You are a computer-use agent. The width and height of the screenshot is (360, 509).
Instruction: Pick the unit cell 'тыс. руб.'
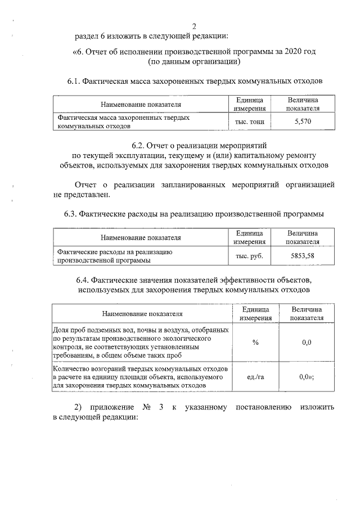pyautogui.click(x=249, y=255)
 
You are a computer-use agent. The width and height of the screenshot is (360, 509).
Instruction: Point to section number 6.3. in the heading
pyautogui.click(x=70, y=214)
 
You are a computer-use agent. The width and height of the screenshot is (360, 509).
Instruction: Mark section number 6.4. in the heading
pyautogui.click(x=84, y=280)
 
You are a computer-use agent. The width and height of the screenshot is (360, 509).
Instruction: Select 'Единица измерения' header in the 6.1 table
pyautogui.click(x=249, y=103)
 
